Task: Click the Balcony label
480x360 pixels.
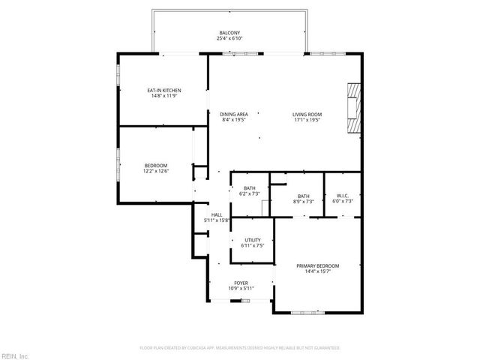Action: pos(229,33)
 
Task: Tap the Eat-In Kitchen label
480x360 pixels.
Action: pos(163,91)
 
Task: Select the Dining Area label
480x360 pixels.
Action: pos(234,114)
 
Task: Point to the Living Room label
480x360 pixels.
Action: pos(306,114)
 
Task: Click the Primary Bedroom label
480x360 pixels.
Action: pos(317,266)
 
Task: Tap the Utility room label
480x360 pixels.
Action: pos(252,240)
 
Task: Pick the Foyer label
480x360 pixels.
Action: pos(241,283)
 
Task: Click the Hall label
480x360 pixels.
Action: pos(216,215)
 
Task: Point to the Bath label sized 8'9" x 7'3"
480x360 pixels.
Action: pos(303,196)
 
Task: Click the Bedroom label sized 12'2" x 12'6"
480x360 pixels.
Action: pos(156,166)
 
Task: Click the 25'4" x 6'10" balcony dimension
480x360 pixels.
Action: pos(229,38)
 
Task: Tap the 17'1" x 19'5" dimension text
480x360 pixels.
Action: pos(306,119)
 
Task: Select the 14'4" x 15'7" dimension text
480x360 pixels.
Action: pos(317,271)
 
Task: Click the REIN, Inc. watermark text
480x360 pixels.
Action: pos(14,355)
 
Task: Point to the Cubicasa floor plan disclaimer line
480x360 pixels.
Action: pos(240,348)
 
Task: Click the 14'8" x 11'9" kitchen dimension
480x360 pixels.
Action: pos(163,96)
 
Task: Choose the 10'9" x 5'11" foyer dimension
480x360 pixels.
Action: pos(241,288)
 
